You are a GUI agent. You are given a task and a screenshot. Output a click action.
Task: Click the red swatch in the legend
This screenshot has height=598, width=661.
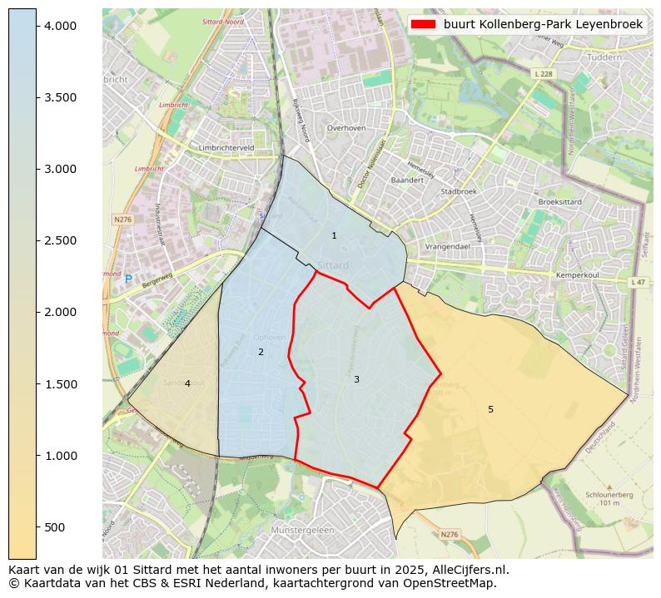point(423,24)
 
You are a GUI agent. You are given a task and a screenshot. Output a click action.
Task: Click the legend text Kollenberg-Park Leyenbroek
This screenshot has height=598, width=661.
point(543,24)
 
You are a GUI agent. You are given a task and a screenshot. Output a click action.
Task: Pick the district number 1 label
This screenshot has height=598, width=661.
point(334,235)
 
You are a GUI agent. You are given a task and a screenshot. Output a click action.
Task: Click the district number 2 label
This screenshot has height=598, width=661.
point(261,352)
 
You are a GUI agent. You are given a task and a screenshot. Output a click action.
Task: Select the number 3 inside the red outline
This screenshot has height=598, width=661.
point(356,379)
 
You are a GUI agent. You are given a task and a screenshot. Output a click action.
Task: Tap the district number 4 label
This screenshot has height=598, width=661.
point(187,383)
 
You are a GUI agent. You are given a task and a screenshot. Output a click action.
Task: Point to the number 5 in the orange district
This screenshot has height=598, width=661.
point(490,409)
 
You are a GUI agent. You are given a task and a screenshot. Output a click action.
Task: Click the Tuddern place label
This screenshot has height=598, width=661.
point(604,57)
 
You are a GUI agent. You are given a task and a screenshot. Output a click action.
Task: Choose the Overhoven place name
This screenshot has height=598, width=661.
point(346,128)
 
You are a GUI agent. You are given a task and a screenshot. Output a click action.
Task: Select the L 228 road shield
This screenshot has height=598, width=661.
point(542,74)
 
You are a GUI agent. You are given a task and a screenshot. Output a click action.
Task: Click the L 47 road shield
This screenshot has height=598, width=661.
point(638,283)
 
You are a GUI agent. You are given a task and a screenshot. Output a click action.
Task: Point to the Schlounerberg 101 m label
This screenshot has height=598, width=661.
point(609,497)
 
